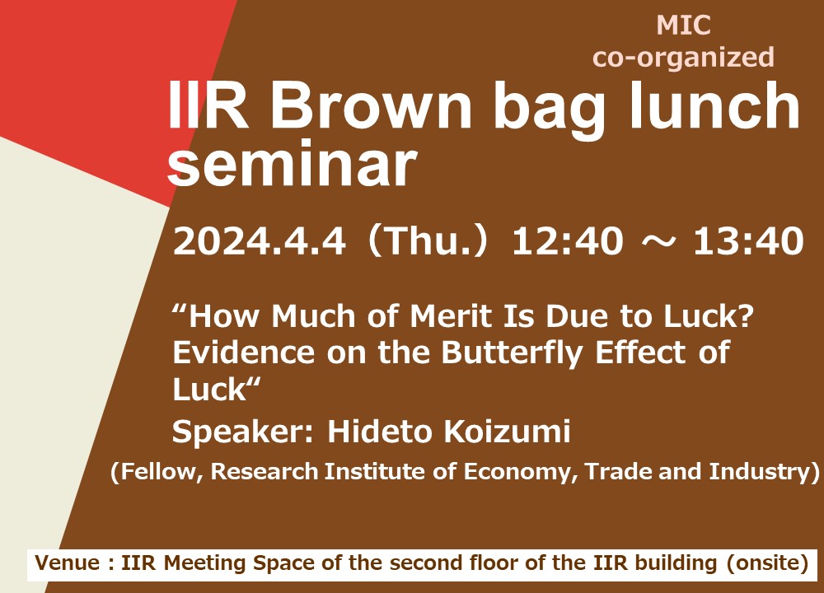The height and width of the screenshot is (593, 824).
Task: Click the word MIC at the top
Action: pyautogui.click(x=683, y=26)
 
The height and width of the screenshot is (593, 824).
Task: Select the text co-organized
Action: pyautogui.click(x=683, y=58)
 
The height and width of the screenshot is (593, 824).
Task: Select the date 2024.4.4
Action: pyautogui.click(x=259, y=241)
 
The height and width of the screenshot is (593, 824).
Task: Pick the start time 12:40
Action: pyautogui.click(x=568, y=241)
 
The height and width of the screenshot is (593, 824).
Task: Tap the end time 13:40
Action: pyautogui.click(x=748, y=241)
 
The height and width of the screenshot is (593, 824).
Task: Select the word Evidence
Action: pyautogui.click(x=244, y=353)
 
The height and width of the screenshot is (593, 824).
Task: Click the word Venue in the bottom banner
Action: pyautogui.click(x=67, y=563)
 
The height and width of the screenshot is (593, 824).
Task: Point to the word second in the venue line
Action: pyautogui.click(x=427, y=563)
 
